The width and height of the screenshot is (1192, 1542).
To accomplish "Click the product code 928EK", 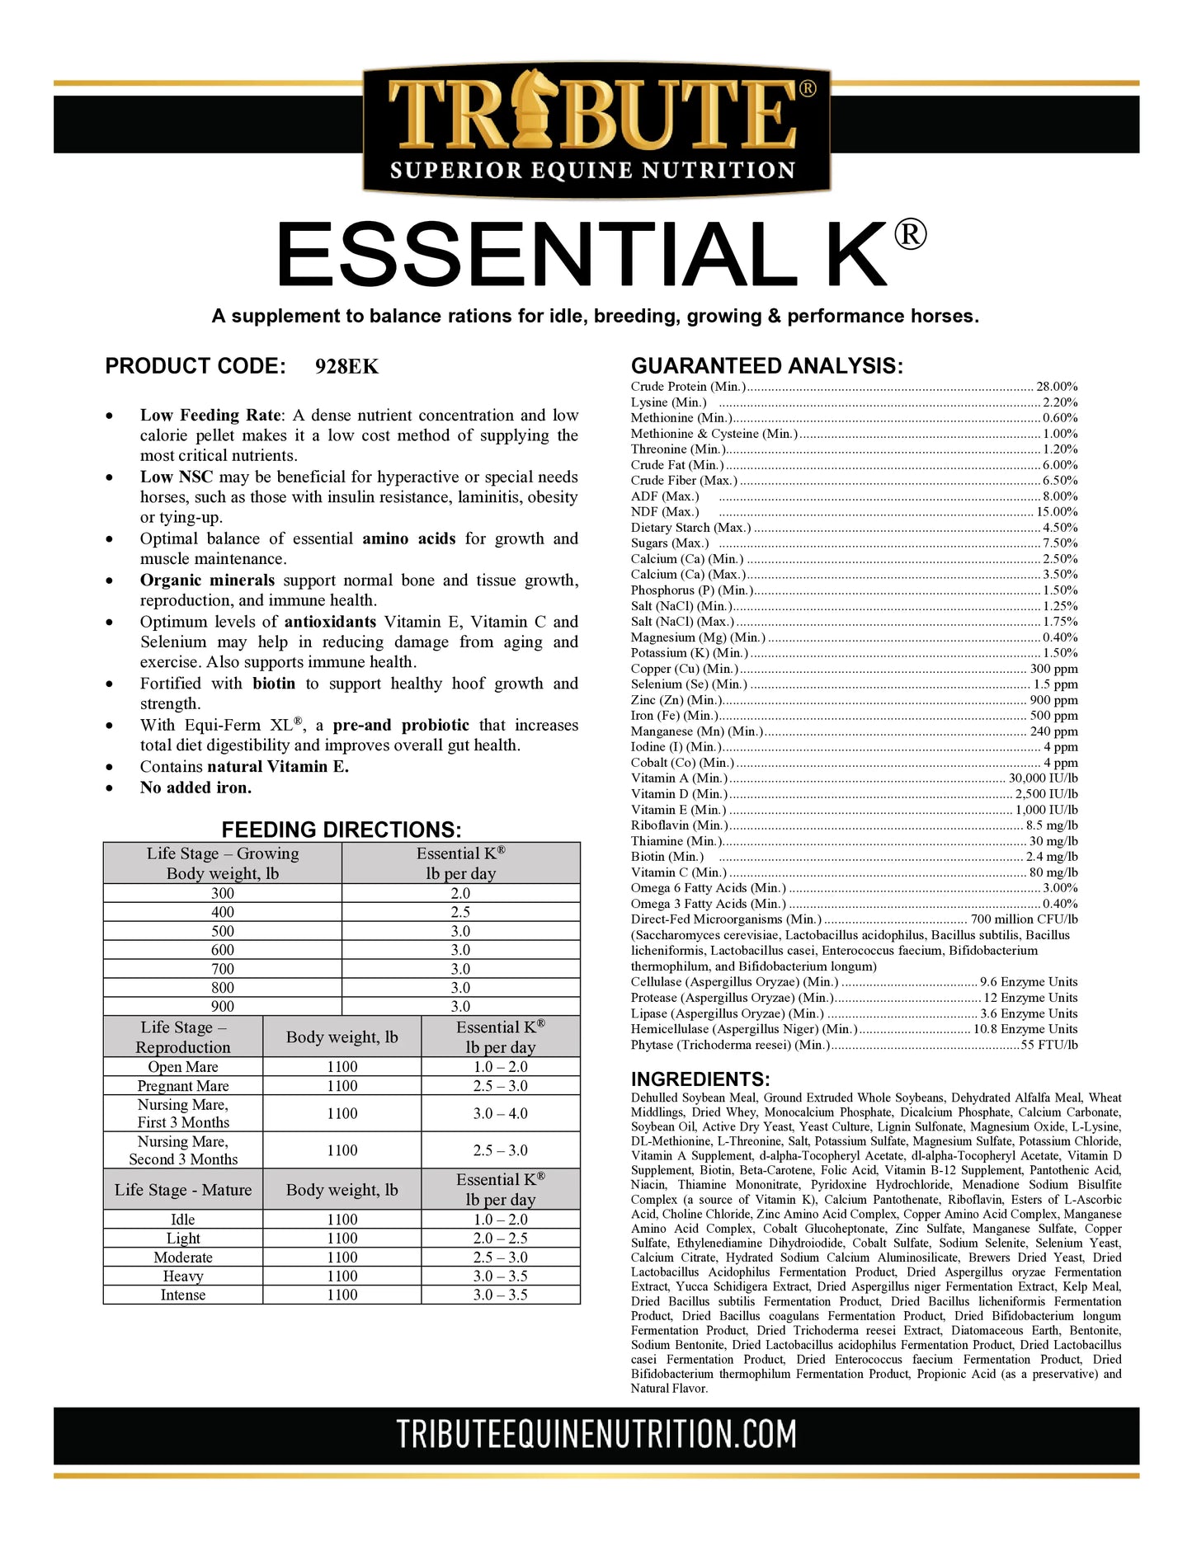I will (x=346, y=367).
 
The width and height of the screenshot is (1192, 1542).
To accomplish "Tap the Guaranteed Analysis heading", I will (x=766, y=366).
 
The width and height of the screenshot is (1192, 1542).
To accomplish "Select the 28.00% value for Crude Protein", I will (x=1057, y=387).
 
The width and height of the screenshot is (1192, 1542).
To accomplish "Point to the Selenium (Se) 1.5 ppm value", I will (x=1055, y=684).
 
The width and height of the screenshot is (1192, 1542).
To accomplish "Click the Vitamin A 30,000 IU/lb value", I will (x=1043, y=778).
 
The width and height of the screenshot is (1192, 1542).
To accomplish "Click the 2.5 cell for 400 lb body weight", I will (x=460, y=912).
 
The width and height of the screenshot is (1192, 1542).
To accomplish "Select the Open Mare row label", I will (x=183, y=1067).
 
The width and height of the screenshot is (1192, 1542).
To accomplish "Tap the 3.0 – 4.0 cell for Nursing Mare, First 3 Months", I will (x=500, y=1114).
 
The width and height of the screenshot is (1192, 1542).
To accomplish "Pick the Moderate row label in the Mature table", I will (x=183, y=1258).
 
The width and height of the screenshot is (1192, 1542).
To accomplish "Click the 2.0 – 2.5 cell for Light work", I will (x=500, y=1239).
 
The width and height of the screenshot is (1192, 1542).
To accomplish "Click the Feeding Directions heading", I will (x=342, y=830).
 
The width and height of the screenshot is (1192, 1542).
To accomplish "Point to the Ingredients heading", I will (x=700, y=1079).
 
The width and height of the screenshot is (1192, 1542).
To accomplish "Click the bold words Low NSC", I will (x=177, y=477).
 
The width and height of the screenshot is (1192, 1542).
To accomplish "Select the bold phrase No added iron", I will (x=196, y=787).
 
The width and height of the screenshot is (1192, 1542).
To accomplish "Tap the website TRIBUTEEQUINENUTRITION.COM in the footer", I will (x=596, y=1434).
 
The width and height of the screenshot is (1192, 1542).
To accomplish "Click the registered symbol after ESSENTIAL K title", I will (x=910, y=236).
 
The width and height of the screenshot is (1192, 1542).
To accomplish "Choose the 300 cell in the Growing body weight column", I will (x=223, y=893).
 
